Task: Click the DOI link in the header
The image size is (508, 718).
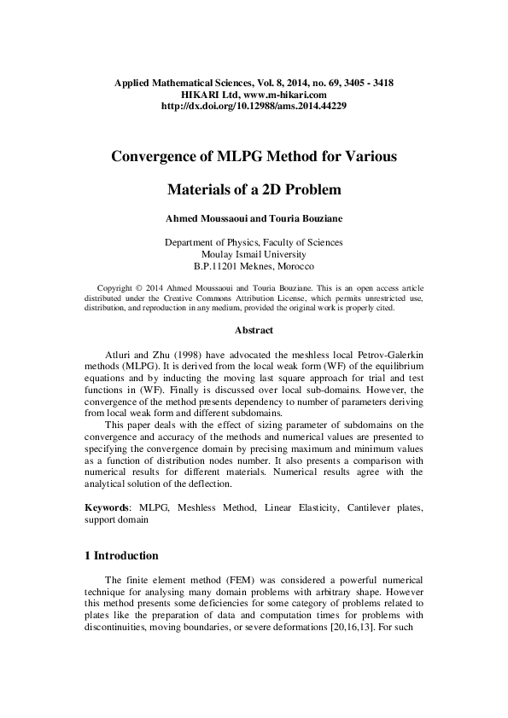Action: pos(254,107)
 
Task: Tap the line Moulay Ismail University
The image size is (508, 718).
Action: pos(254,254)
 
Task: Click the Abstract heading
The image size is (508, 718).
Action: pos(254,330)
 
